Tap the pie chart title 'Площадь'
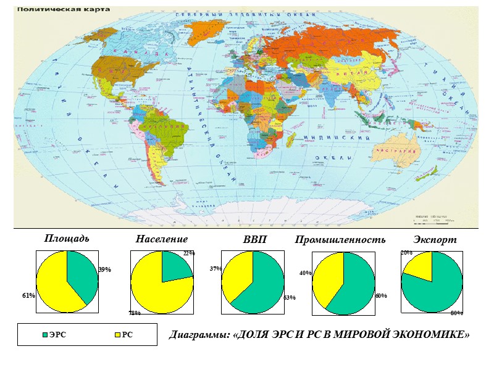pyautogui.click(x=66, y=239)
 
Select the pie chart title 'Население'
pyautogui.click(x=161, y=239)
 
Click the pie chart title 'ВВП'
pyautogui.click(x=254, y=239)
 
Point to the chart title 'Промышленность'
pyautogui.click(x=340, y=239)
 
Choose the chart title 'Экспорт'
pyautogui.click(x=435, y=239)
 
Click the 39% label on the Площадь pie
pyautogui.click(x=104, y=270)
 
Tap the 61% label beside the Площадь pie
pyautogui.click(x=28, y=295)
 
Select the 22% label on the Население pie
pyautogui.click(x=189, y=253)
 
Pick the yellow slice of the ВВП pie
pyautogui.click(x=238, y=274)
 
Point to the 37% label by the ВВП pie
pyautogui.click(x=216, y=269)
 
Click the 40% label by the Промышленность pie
pyautogui.click(x=305, y=273)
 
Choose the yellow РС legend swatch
pyautogui.click(x=117, y=335)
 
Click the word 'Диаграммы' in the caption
pyautogui.click(x=199, y=335)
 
